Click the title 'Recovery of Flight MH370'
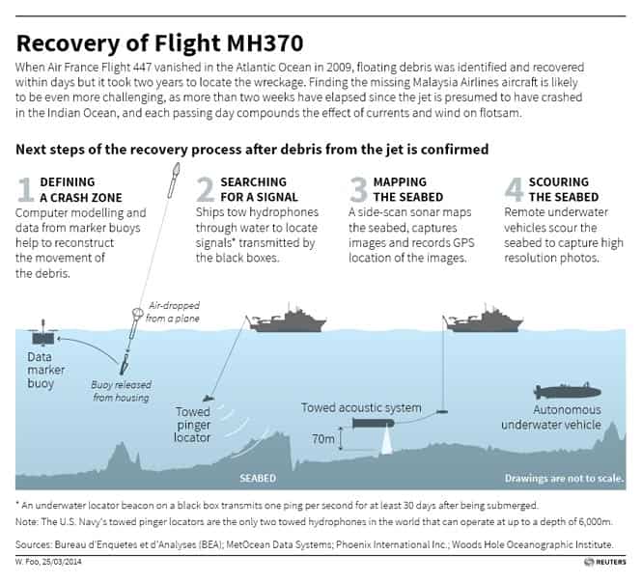pos(159,43)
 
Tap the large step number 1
pos(25,189)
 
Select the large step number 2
pos(205,189)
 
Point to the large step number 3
pos(358,189)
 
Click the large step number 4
pos(514,189)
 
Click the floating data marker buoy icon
pos(43,334)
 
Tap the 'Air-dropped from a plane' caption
pos(173,312)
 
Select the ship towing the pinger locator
pos(288,319)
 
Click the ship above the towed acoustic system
pos(484,319)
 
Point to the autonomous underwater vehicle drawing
pos(567,391)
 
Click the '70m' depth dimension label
pos(323,439)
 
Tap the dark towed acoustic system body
pos(373,423)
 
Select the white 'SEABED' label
pos(258,478)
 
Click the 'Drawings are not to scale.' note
pos(564,478)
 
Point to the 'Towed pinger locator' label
pos(192,425)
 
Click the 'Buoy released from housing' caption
pos(122,391)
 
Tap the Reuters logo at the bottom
pos(605,562)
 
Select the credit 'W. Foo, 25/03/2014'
pos(48,562)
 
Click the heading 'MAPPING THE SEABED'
pos(408,189)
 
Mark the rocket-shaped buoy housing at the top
pos(174,180)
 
